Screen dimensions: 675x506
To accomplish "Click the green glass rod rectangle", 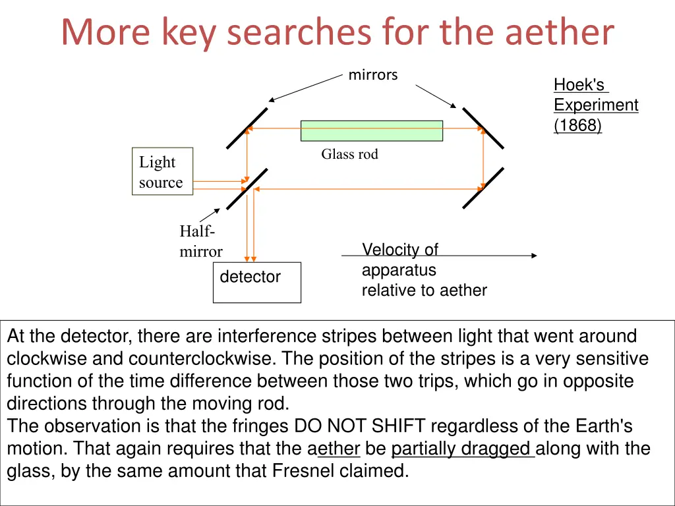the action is tap(371, 130).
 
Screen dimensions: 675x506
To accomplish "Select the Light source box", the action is tap(162, 171).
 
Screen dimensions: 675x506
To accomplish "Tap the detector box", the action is tap(256, 282).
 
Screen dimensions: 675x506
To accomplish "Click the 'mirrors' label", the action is tap(373, 75).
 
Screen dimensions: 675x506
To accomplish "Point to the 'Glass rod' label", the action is tap(349, 154).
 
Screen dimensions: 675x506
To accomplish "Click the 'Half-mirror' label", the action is tap(200, 241).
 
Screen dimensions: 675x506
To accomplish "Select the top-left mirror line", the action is tap(247, 128).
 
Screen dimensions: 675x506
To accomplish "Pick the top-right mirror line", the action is tap(483, 128).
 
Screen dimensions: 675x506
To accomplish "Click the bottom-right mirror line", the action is tap(483, 188).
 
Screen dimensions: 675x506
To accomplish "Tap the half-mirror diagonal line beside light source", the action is tap(247, 188).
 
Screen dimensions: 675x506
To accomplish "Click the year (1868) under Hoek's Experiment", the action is tap(577, 125).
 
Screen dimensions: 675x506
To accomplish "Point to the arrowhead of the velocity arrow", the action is tap(533, 256).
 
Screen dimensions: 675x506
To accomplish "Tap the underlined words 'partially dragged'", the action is tap(461, 449).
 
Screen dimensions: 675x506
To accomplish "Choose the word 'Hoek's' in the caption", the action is tap(579, 85).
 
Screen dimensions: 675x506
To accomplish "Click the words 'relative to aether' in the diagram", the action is tap(424, 290).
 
